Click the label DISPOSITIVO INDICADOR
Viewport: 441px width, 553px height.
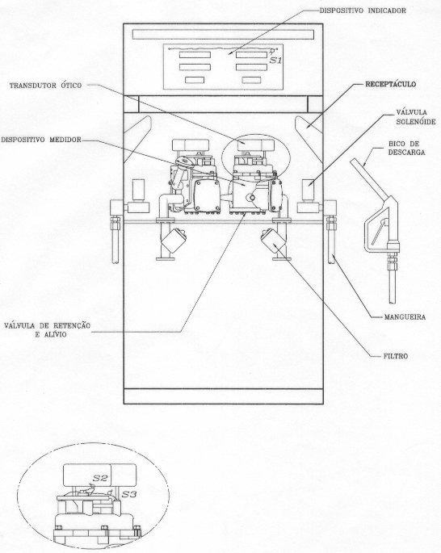363,10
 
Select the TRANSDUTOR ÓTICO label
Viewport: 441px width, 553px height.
45,86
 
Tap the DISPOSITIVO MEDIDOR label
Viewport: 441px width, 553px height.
41,140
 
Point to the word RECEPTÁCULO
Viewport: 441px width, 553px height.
390,84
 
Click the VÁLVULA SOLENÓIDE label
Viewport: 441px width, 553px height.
416,117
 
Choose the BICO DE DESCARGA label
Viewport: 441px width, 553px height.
406,148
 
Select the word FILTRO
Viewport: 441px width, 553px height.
396,356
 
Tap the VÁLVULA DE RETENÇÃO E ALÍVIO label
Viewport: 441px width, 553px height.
48,329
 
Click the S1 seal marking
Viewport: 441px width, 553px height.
276,61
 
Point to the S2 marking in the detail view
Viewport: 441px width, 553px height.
100,478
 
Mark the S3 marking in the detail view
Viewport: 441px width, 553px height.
129,494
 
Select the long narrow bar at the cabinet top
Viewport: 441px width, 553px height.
223,35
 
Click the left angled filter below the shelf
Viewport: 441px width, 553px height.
174,240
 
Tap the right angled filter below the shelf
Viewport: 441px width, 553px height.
274,241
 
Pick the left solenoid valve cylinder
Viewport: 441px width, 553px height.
138,190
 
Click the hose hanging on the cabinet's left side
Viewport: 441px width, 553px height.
115,240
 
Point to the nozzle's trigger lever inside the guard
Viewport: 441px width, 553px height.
379,232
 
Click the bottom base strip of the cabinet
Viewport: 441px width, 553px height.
223,396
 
